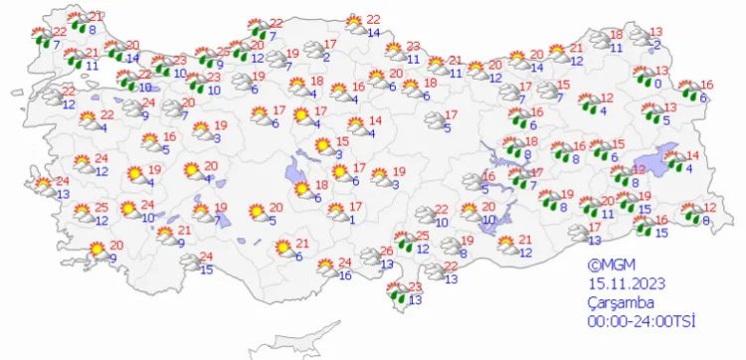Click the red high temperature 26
coord(387,250)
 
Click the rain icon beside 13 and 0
coord(640,77)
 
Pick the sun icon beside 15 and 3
coord(322,147)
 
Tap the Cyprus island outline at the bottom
coord(288,349)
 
